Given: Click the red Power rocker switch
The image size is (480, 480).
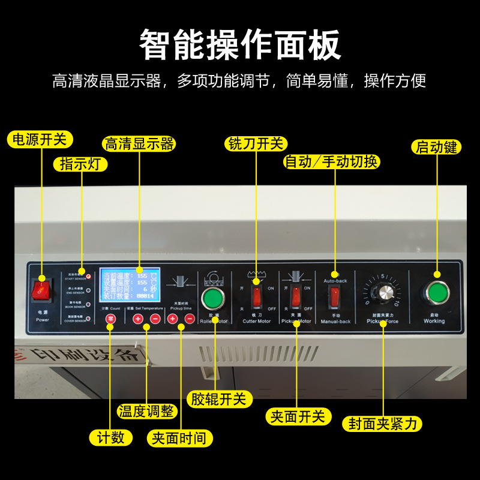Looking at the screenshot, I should [x=41, y=290].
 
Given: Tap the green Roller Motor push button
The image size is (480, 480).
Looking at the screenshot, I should [x=211, y=298].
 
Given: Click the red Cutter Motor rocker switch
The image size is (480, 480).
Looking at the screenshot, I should [x=257, y=296].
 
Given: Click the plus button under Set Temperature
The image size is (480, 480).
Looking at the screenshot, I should [x=137, y=319].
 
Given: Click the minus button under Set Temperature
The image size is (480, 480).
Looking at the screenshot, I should [x=155, y=319].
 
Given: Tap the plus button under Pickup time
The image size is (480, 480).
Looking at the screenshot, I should [x=173, y=319].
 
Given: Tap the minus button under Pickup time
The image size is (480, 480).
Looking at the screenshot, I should [x=190, y=319].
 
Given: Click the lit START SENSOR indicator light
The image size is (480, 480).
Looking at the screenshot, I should [x=89, y=277].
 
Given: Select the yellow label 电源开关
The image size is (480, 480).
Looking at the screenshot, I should [x=40, y=140].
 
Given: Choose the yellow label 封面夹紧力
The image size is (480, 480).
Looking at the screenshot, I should [x=382, y=424].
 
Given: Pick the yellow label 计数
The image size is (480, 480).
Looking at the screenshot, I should [x=110, y=437].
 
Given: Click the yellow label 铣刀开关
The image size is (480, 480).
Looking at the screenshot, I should [x=256, y=143].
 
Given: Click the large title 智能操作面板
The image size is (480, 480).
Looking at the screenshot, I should [x=240, y=45].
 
